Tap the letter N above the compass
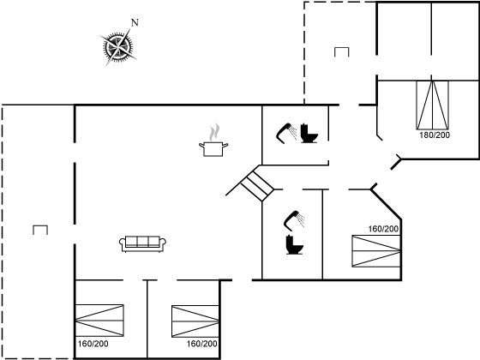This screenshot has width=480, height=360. click(134, 22)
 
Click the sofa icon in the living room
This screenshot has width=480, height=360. click(142, 243)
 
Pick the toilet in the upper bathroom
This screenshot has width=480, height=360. click(309, 134)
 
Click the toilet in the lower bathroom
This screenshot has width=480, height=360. click(294, 245)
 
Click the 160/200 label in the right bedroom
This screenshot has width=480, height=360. click(383, 229)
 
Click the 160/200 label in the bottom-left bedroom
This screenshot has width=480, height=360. click(93, 344)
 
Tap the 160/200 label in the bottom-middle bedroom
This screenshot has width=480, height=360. click(202, 344)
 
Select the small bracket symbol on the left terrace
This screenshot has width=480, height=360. click(39, 229)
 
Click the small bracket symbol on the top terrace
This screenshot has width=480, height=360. click(342, 51)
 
